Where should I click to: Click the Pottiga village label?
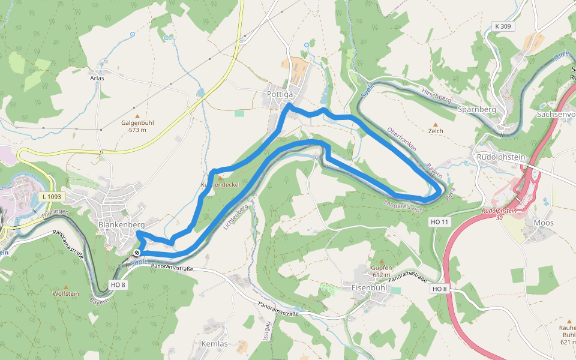pyautogui.click(x=280, y=94)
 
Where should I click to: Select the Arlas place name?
pyautogui.click(x=97, y=78)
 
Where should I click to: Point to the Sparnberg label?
pyautogui.click(x=476, y=110)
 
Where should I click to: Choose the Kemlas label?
pyautogui.click(x=211, y=344)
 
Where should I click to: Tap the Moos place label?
pyautogui.click(x=543, y=223)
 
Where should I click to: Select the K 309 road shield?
pyautogui.click(x=503, y=26)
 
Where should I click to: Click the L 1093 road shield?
pyautogui.click(x=53, y=197)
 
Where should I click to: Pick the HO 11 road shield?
pyautogui.click(x=439, y=222)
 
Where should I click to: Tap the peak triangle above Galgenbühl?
pyautogui.click(x=137, y=116)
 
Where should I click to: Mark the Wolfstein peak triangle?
pyautogui.click(x=65, y=287)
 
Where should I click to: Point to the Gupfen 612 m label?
pyautogui.click(x=381, y=271)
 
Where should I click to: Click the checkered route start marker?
pyautogui.click(x=136, y=253)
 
